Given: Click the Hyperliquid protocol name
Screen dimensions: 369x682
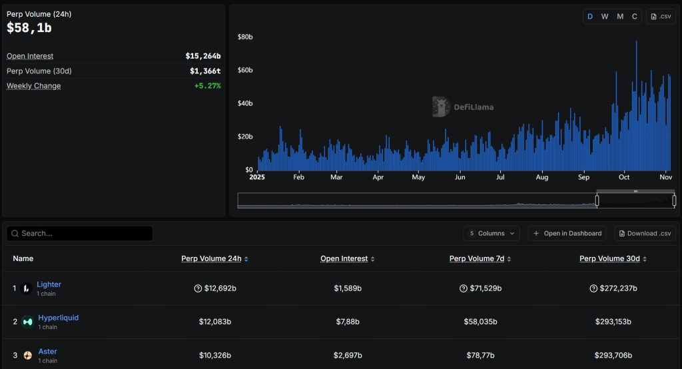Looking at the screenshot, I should pos(58,318).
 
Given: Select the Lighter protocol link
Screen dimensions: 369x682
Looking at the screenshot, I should pos(49,284).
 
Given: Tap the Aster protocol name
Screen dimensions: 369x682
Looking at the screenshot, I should pos(47,351).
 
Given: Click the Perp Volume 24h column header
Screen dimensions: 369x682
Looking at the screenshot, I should pos(211,258).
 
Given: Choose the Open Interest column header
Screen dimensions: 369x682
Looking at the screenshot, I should pos(343,258).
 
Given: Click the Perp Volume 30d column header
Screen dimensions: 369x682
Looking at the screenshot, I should pos(609,258).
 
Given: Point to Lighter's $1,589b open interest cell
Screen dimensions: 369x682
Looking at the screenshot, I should pos(348,288).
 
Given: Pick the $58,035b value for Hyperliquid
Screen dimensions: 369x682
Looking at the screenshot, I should pos(480,322).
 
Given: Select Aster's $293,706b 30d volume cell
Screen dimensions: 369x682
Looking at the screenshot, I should pos(613,355).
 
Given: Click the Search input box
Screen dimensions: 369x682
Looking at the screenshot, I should pos(80,233).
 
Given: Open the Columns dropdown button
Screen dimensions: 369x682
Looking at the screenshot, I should pos(492,233).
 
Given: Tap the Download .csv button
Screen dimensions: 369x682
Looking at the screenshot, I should pos(645,233).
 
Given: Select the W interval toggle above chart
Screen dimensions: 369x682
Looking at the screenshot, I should pos(605,17).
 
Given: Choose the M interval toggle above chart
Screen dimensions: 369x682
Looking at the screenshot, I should pos(620,17).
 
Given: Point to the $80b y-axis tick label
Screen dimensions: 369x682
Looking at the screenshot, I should pos(245,37).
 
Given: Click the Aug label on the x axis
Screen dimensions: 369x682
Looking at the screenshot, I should pos(541,178).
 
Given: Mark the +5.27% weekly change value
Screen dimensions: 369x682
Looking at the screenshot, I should pos(207,86).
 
